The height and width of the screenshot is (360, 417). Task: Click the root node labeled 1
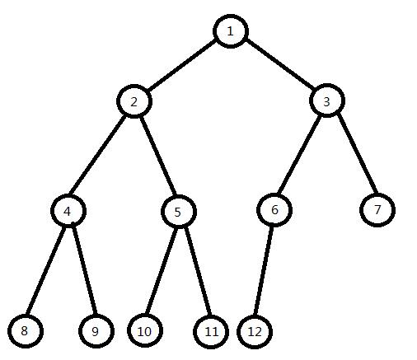point(231,31)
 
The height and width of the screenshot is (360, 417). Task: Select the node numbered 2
point(134,101)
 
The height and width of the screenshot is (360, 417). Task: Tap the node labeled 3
point(327,101)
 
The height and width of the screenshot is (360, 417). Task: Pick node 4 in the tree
point(68,211)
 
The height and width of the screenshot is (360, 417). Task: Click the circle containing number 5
point(179,212)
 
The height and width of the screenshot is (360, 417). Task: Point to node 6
point(274,209)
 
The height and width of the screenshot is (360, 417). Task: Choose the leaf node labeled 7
point(377,210)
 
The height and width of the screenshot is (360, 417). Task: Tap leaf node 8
point(26,331)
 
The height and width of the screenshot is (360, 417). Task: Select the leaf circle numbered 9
point(96,331)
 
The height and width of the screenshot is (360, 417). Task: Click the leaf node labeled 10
point(145,331)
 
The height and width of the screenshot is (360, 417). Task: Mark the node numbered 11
point(211,332)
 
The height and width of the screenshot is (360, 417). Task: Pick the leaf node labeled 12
point(255,332)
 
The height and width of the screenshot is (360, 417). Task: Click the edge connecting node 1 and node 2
point(181,66)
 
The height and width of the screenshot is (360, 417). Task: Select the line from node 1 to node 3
point(279,66)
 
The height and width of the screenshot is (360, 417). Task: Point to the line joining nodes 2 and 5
point(158,156)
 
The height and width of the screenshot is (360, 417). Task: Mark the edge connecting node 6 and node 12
point(264,270)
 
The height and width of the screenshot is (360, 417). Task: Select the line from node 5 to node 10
point(162,271)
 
